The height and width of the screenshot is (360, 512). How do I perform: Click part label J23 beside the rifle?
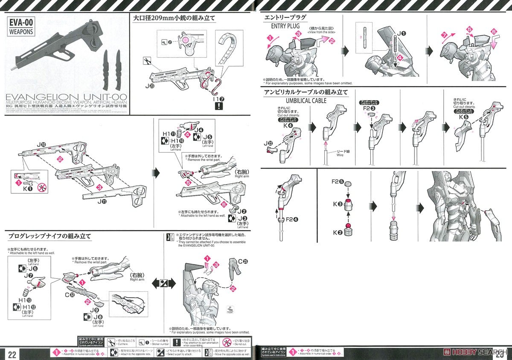click(x=149, y=85)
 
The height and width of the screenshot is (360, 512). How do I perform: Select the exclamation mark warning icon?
click(x=219, y=106)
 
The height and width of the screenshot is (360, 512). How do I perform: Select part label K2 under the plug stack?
click(x=337, y=232)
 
